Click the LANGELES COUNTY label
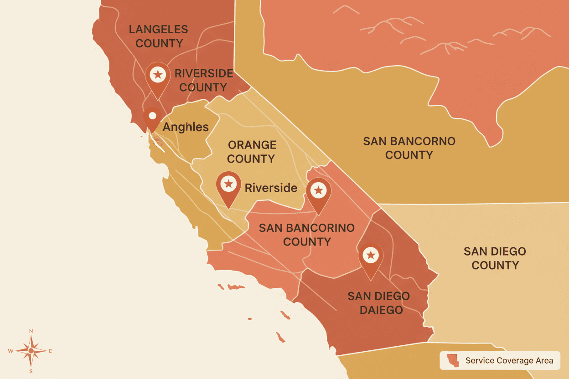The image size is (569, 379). [158, 36]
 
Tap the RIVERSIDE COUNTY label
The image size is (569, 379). [203, 80]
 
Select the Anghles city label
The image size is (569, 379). [186, 127]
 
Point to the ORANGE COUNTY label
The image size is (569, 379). [252, 152]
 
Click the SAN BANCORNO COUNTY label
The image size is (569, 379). [409, 148]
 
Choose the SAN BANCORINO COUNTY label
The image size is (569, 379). [306, 235]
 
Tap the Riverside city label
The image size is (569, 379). [271, 188]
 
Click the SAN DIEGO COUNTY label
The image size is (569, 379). [495, 258]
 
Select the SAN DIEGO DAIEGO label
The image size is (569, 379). [378, 303]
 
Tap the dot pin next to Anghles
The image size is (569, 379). [152, 117]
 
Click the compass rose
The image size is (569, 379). [31, 351]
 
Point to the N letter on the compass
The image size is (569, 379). [31, 331]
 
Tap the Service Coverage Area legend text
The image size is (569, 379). [509, 361]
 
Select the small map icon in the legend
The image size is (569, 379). [453, 360]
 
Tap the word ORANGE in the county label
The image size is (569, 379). [252, 145]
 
